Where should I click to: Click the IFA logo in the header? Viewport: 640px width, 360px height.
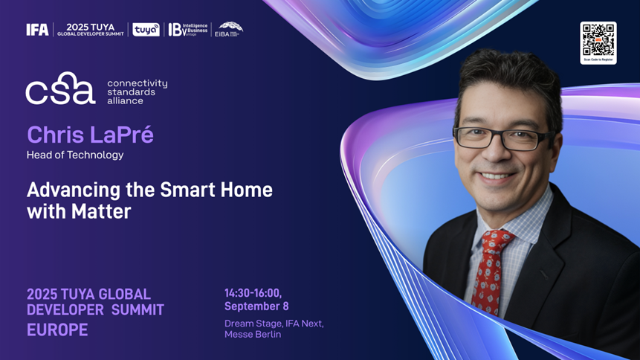tap(37, 30)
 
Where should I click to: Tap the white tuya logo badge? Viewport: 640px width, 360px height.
tap(146, 30)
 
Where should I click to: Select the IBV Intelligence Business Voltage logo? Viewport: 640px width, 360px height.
tap(188, 30)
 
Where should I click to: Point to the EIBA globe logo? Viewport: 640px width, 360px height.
tap(229, 29)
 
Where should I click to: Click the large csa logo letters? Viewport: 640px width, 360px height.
tap(60, 89)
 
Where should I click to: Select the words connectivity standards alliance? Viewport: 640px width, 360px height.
tap(137, 91)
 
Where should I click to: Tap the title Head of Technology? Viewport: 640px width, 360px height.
tap(75, 155)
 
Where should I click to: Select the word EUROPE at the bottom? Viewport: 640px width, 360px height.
tap(57, 330)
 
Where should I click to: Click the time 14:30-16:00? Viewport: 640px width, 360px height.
tap(253, 292)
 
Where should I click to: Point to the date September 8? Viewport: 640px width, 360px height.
tap(256, 306)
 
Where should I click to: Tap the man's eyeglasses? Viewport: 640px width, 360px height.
tap(502, 138)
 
